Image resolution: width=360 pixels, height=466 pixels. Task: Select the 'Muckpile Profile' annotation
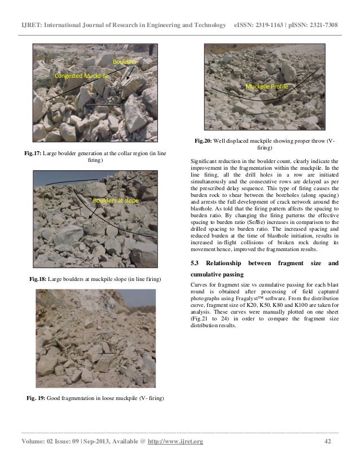pos(265,87)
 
